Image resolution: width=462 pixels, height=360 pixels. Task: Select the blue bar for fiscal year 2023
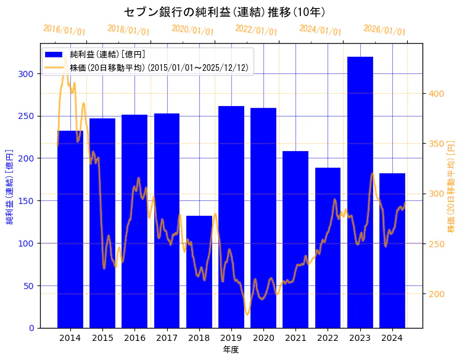click(x=360, y=192)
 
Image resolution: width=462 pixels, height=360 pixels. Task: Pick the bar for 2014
click(x=70, y=229)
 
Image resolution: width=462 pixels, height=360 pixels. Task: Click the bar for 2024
click(x=392, y=250)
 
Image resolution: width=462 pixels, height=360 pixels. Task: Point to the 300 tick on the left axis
click(x=28, y=74)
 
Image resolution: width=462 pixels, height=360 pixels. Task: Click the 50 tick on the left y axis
click(x=31, y=285)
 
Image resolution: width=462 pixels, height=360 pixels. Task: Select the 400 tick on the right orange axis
click(x=436, y=94)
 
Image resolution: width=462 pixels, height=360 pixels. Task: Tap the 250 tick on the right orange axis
click(x=436, y=244)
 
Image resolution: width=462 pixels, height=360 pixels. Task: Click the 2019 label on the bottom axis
click(x=231, y=338)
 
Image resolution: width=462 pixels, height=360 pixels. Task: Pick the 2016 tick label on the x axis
click(x=134, y=338)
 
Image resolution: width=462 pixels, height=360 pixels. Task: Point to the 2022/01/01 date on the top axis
click(x=257, y=30)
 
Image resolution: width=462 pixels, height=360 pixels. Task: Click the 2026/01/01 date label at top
click(x=384, y=30)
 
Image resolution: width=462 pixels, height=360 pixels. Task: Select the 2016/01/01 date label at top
click(x=65, y=30)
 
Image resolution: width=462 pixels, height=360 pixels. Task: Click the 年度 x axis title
click(x=231, y=350)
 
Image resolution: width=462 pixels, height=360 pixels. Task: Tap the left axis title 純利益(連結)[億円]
click(x=10, y=187)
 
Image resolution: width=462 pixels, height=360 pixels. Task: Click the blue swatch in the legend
click(x=55, y=55)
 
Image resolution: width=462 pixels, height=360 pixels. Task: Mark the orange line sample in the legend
click(x=55, y=68)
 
